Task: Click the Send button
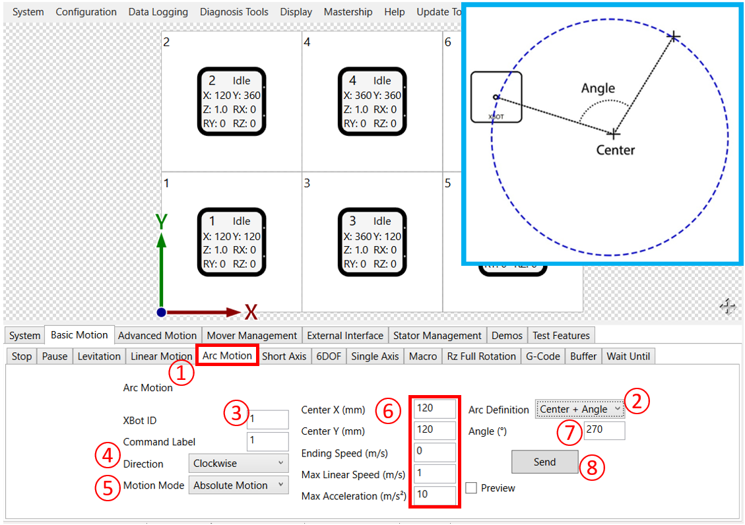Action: click(544, 462)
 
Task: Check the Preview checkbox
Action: click(471, 488)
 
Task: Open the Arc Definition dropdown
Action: click(579, 409)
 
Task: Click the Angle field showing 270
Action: click(604, 431)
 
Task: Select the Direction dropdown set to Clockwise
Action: click(238, 464)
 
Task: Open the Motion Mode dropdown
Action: click(238, 485)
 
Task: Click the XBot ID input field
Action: click(267, 420)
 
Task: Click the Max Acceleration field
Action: click(435, 495)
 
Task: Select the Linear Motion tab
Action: click(161, 356)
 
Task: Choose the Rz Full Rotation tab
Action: click(481, 356)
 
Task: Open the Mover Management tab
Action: click(251, 335)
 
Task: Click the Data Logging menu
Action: click(158, 12)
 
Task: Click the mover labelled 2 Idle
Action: click(232, 102)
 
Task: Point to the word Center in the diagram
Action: click(615, 150)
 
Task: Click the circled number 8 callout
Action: click(592, 467)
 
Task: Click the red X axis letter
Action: click(251, 312)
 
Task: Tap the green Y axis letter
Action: click(160, 222)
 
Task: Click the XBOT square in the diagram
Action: click(496, 98)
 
